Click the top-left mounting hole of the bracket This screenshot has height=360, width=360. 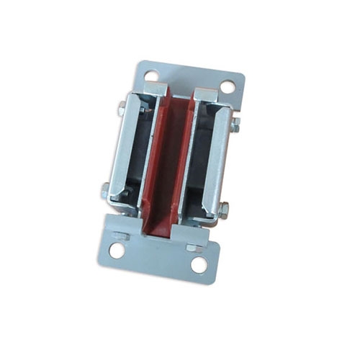(151, 74)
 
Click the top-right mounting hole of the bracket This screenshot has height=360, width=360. (228, 86)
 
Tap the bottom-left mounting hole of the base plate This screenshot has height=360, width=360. (117, 251)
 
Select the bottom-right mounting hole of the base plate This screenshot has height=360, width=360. (199, 264)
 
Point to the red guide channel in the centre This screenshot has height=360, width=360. (169, 166)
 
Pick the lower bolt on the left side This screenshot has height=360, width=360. (106, 191)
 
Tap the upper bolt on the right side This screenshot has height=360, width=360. (235, 125)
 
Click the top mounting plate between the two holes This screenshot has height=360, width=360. (189, 78)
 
